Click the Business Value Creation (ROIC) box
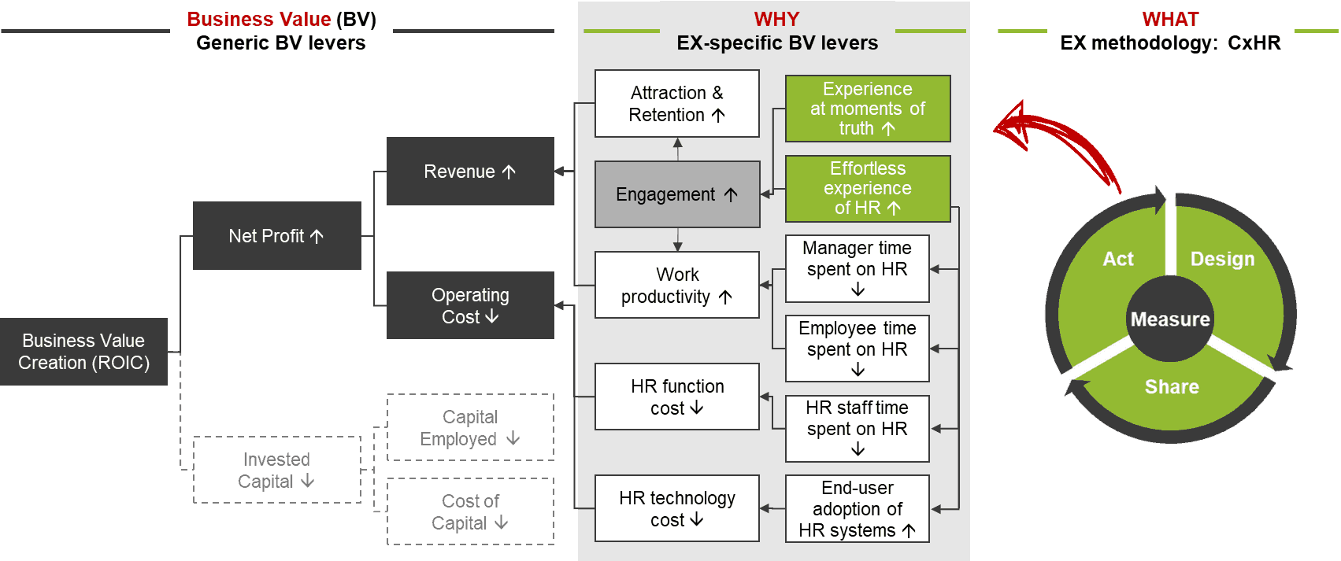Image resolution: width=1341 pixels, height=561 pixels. point(83,352)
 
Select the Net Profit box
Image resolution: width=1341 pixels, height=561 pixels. point(277,235)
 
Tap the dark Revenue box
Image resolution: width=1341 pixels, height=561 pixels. point(471,171)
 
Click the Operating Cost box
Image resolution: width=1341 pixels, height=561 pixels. point(471,305)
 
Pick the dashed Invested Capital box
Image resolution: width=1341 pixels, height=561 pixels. point(277,470)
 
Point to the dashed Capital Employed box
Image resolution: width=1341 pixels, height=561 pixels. point(471,427)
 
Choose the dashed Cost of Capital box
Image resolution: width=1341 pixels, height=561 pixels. point(471,511)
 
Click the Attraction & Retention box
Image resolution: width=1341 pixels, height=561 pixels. point(677,104)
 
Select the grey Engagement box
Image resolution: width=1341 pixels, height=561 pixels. point(677,194)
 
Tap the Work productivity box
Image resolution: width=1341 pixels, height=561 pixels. point(677,285)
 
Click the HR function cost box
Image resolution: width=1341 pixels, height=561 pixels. point(677,397)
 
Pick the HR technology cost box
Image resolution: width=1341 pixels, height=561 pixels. point(677,508)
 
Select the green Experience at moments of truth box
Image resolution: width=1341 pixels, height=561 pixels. point(868,109)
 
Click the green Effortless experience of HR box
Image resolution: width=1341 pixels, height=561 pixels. point(868,188)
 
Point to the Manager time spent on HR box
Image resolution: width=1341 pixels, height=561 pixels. point(858,268)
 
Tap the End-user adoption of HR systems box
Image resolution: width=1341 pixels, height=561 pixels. point(858,509)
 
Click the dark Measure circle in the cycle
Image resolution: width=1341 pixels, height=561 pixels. point(1170,319)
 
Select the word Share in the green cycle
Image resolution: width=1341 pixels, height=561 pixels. point(1172,387)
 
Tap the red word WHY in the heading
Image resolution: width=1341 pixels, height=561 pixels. point(776,19)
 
